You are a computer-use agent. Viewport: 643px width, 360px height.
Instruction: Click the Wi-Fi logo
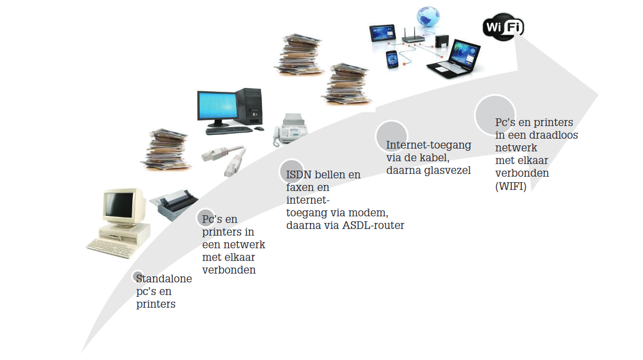(503, 26)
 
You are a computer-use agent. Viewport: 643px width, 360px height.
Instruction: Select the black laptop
(455, 61)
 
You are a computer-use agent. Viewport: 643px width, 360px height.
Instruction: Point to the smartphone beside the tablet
(391, 59)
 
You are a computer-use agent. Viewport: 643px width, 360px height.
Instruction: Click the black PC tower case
(249, 105)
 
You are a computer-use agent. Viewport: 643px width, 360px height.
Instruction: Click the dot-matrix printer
(171, 202)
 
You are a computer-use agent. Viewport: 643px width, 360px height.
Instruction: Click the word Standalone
(164, 279)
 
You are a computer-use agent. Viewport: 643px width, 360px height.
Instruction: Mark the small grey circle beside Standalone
(138, 276)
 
